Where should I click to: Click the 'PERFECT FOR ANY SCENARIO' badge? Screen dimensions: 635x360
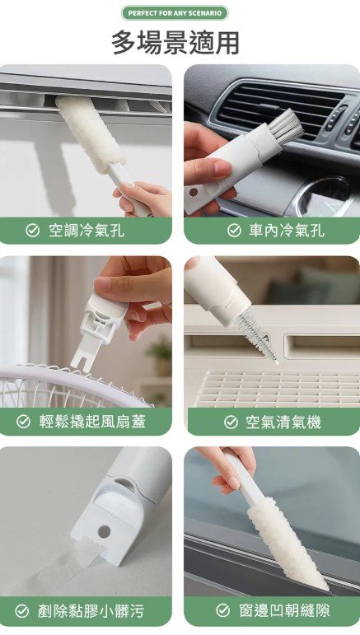click(x=174, y=12)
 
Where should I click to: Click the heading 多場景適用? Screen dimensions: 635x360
click(x=175, y=42)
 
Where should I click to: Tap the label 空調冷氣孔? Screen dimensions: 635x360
click(x=86, y=231)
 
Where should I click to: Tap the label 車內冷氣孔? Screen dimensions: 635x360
click(x=286, y=231)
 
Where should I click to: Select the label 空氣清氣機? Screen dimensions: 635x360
click(x=283, y=422)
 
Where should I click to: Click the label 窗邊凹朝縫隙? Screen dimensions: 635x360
click(x=283, y=611)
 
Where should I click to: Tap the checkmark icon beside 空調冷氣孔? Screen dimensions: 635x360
click(x=32, y=231)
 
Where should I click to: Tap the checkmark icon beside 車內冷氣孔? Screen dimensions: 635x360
click(x=234, y=231)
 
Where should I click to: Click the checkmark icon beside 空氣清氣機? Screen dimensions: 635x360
click(x=231, y=422)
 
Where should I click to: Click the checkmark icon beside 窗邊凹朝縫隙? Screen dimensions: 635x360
click(x=222, y=611)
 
